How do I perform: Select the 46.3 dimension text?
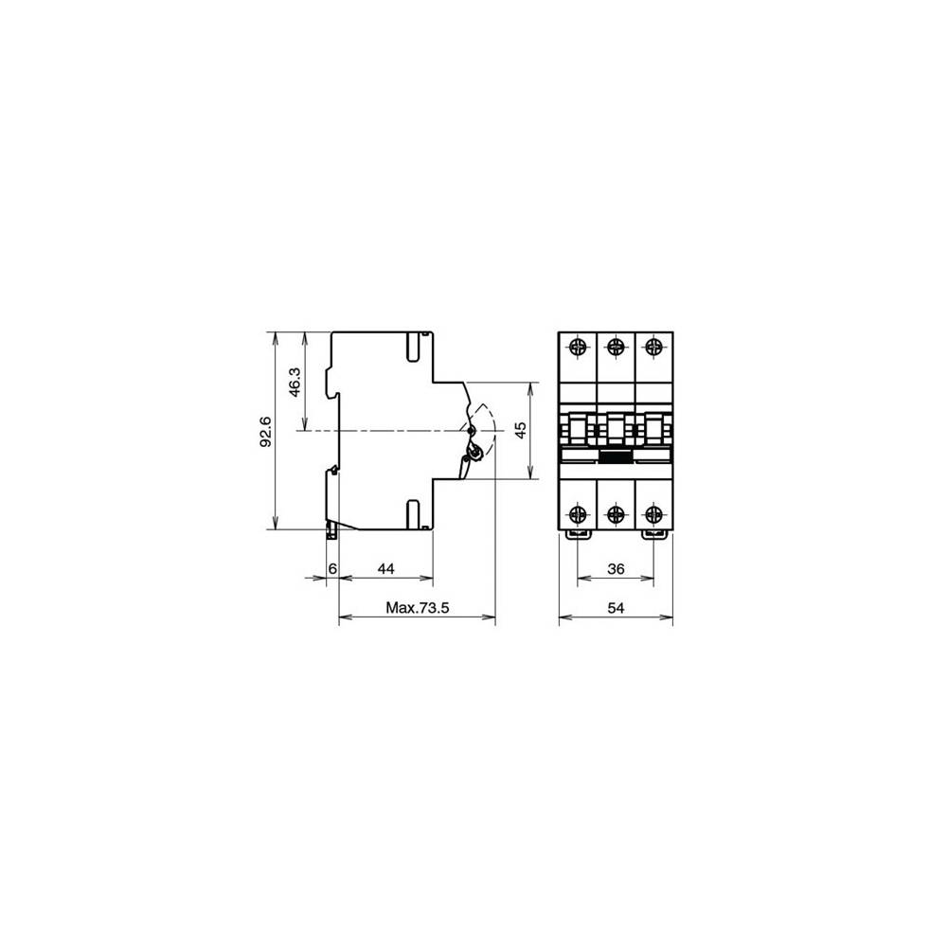tap(295, 382)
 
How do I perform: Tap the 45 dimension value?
tap(520, 431)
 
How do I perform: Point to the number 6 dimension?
tap(331, 568)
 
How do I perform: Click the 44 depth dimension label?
tap(385, 568)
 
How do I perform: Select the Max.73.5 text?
tap(417, 608)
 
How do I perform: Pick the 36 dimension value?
tap(616, 568)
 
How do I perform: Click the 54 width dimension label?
tap(616, 608)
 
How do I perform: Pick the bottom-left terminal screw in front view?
tap(578, 514)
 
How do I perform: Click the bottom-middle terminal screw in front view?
tap(616, 514)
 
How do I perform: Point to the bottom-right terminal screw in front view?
tap(652, 514)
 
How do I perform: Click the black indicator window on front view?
tap(616, 456)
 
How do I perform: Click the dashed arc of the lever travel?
tap(491, 421)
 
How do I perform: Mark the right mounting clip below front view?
tap(652, 534)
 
